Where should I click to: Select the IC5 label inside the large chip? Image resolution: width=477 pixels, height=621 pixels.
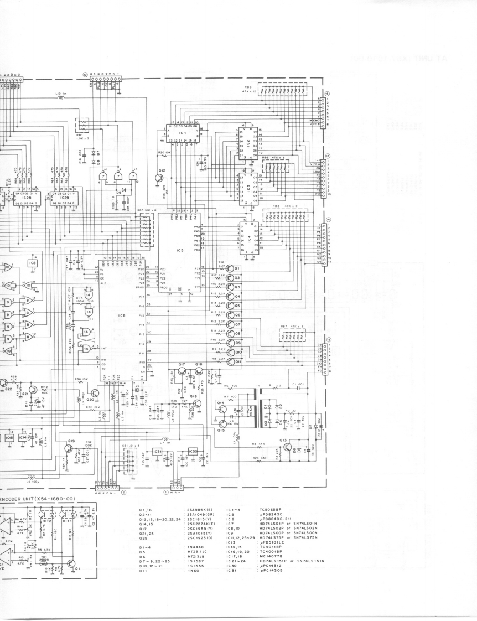click(179, 250)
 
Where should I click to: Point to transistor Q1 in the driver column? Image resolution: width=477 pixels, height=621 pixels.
click(237, 268)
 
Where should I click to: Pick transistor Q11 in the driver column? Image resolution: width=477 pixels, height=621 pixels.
click(238, 361)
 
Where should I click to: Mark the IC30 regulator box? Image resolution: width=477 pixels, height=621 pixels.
click(193, 452)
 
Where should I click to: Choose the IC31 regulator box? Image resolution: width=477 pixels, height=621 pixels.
click(158, 452)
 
